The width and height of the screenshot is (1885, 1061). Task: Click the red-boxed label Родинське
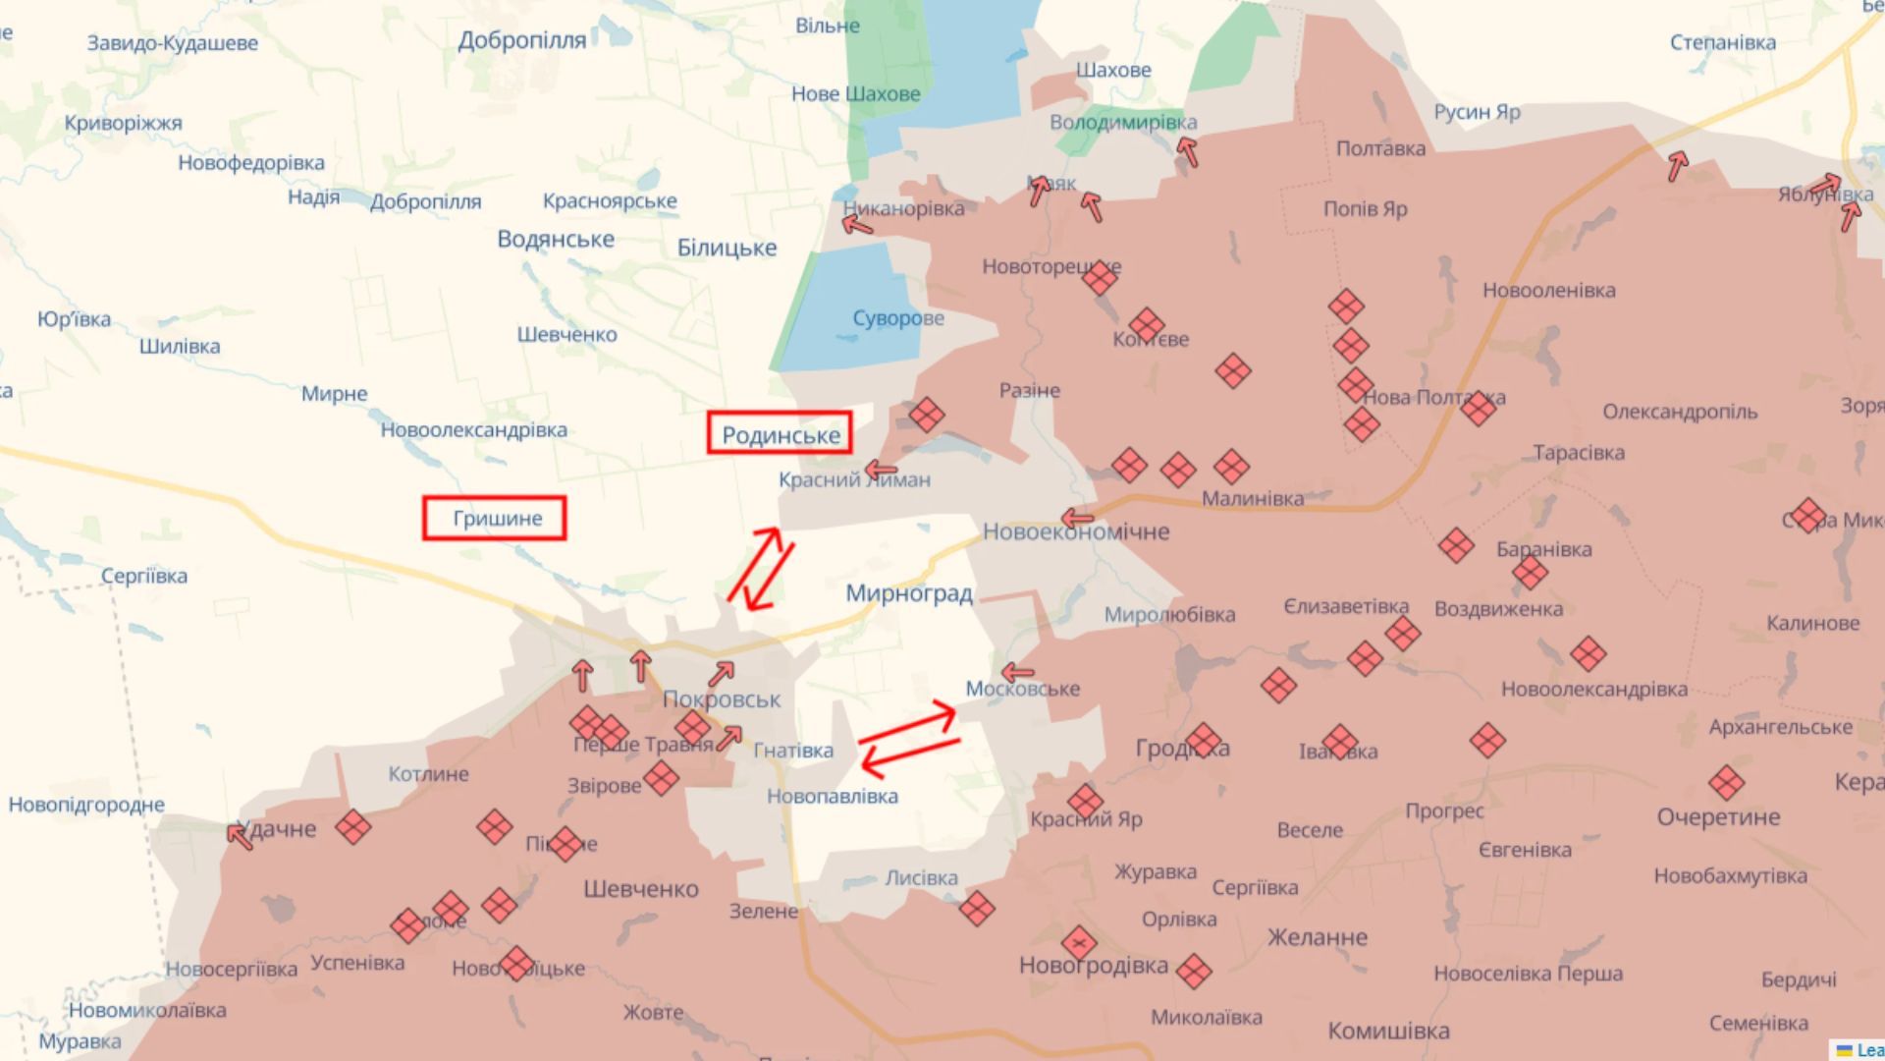(x=780, y=433)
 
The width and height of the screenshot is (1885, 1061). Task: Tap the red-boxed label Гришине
(x=495, y=518)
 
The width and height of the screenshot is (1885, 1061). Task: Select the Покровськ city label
(x=722, y=699)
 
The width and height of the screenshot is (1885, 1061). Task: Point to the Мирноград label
(x=909, y=593)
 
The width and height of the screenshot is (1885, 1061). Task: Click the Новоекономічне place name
(x=1076, y=531)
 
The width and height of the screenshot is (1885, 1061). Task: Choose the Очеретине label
(x=1718, y=817)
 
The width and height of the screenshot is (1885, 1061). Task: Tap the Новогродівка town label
(x=1094, y=965)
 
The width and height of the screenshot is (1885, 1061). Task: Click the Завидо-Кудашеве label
(x=173, y=43)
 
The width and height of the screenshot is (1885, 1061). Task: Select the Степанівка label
(x=1723, y=42)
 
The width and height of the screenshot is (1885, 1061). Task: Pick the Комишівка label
(x=1388, y=1031)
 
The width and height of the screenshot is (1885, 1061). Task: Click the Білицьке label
(x=727, y=248)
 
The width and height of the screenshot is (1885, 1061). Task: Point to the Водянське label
(x=556, y=240)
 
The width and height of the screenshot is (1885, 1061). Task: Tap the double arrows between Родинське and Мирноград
(x=761, y=569)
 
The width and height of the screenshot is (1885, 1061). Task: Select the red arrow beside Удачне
(x=239, y=837)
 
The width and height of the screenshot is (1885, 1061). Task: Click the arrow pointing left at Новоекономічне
(x=1077, y=518)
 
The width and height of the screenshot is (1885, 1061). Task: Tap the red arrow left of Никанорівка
(x=857, y=226)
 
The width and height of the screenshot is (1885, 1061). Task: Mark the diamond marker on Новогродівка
(x=1079, y=944)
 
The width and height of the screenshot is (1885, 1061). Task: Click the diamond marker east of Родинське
(x=926, y=415)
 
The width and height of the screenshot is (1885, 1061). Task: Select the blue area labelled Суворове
(x=854, y=305)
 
